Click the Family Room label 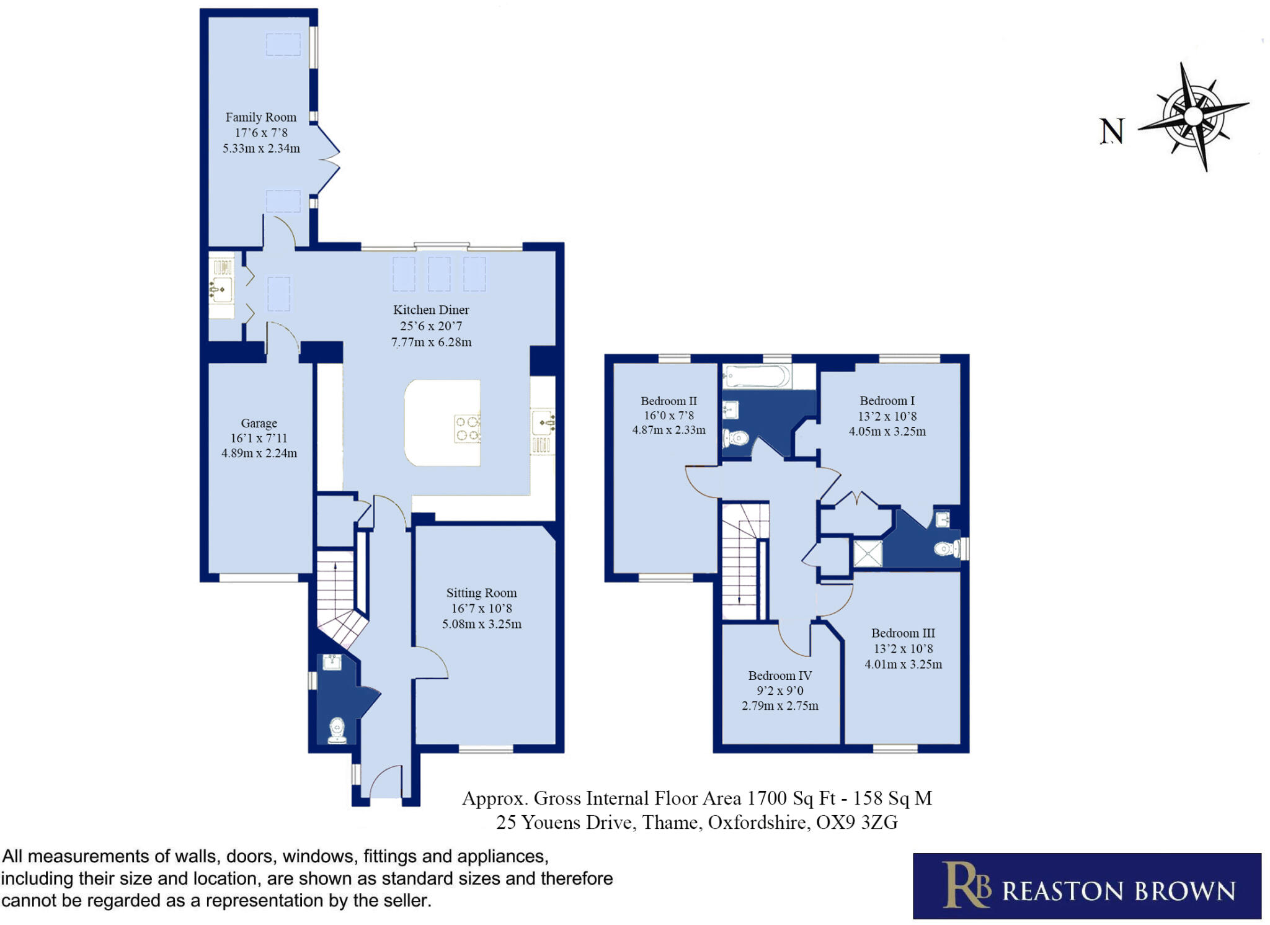coord(260,117)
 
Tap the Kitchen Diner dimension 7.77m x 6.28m coord(431,342)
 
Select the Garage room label coord(259,423)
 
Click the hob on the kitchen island coord(468,429)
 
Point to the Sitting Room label coord(481,593)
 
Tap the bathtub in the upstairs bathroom coord(757,377)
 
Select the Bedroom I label coord(887,401)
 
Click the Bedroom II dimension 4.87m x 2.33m coord(668,430)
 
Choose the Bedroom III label coord(903,633)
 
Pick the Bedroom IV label coord(779,676)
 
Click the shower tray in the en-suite coord(868,553)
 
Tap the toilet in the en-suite coord(947,548)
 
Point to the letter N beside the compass coord(1111,132)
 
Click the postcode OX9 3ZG coord(856,823)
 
